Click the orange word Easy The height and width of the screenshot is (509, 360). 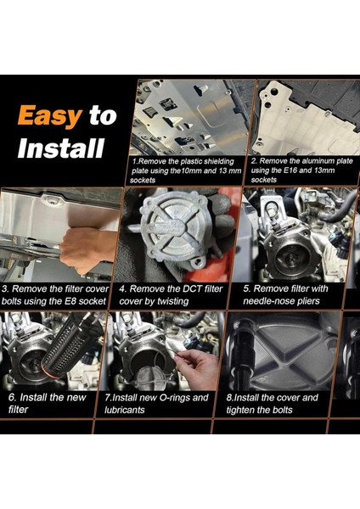[50, 116]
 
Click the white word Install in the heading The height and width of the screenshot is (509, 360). [61, 148]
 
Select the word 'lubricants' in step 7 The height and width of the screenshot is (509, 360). [125, 410]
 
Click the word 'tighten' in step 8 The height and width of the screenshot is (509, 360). [240, 410]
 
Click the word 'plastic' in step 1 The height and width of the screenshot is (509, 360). [192, 162]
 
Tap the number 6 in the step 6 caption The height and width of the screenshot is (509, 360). [12, 398]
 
